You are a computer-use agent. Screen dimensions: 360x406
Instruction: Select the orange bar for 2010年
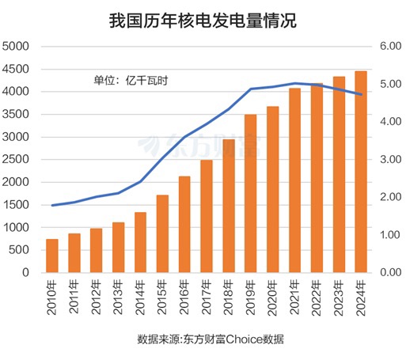[51, 256]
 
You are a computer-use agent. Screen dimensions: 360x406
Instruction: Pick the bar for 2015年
[162, 233]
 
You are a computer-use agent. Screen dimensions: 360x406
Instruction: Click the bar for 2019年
[250, 193]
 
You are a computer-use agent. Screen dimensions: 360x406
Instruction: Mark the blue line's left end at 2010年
[51, 206]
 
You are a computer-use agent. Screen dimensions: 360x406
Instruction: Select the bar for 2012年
[96, 250]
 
